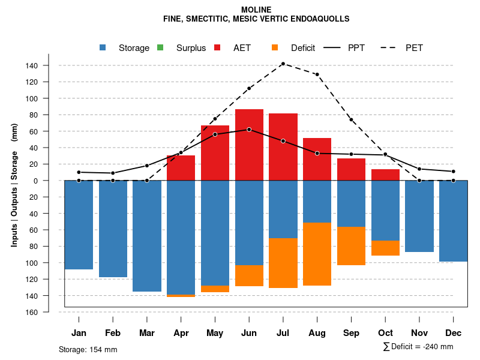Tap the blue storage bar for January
[79, 224]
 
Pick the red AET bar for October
[385, 175]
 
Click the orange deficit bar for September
[351, 246]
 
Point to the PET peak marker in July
[283, 64]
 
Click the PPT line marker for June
[249, 130]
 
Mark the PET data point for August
[317, 74]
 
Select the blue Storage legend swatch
[103, 48]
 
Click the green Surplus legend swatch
[160, 48]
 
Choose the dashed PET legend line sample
[392, 48]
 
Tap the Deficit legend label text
[303, 48]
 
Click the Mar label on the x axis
[147, 333]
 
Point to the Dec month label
[454, 333]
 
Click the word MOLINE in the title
[256, 10]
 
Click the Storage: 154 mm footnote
[88, 350]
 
